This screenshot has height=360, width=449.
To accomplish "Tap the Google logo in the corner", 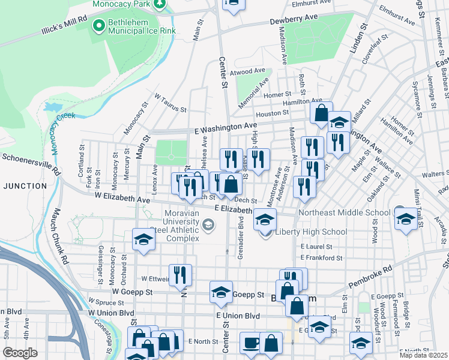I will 20,353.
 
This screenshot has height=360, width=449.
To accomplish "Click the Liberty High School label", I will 310,232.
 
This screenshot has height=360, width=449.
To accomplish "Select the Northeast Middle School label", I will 345,212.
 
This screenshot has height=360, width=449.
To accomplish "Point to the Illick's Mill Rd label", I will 64,25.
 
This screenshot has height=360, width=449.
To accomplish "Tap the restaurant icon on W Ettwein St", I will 180,275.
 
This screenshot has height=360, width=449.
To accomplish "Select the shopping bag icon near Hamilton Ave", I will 321,112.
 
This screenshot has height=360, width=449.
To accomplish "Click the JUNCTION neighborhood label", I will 25,186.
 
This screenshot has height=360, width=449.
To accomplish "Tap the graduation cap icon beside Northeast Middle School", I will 405,218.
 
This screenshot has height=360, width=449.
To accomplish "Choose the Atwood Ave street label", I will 251,71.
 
